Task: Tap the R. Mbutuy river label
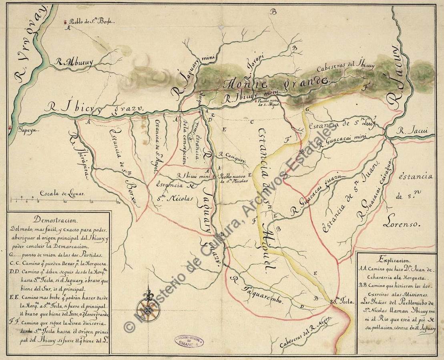click(74, 62)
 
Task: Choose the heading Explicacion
click(396, 260)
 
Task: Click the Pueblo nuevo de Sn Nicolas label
click(235, 178)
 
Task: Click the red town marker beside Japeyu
click(10, 128)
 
